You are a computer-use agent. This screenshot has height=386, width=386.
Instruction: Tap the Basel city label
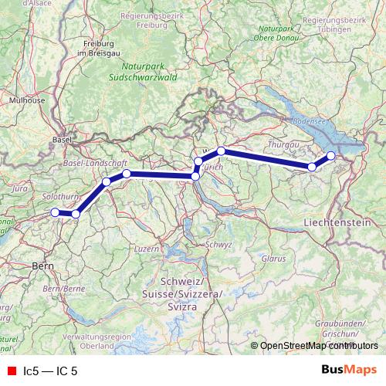click(61, 140)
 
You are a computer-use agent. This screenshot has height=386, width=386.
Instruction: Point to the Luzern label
click(146, 249)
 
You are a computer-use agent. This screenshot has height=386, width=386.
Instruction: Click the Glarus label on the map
click(273, 258)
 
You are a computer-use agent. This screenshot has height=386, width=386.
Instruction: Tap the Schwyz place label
click(218, 244)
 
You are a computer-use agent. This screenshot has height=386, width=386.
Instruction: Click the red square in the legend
click(11, 371)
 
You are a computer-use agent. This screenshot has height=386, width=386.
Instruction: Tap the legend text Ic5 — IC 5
click(50, 371)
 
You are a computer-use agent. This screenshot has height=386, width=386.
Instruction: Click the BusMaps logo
click(350, 371)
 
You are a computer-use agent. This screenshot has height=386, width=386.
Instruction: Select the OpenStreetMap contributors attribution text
click(318, 345)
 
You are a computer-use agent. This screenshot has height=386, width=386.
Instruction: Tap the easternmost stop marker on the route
click(331, 156)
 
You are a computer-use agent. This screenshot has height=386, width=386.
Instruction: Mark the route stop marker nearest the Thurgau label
click(312, 167)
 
